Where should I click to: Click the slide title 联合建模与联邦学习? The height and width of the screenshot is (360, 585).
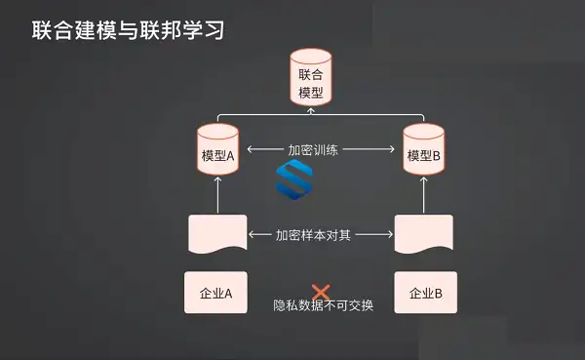[x=128, y=30]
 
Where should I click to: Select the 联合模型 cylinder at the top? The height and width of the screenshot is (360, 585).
[x=311, y=77]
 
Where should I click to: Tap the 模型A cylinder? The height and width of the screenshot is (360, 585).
[x=217, y=149]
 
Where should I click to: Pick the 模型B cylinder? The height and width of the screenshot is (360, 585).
[x=423, y=149]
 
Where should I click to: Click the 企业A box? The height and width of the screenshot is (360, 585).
[x=215, y=293]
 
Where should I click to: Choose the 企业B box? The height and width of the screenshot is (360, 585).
[x=426, y=293]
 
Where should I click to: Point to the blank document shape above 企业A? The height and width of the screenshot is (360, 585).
[x=217, y=234]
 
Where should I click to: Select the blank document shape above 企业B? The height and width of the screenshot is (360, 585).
[x=424, y=234]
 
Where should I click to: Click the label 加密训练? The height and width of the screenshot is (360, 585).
[x=313, y=149]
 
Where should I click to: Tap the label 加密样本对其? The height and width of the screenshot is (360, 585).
[x=313, y=235]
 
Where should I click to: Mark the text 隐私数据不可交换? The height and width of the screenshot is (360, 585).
[x=323, y=305]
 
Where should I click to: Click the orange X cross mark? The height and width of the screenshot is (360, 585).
[x=321, y=292]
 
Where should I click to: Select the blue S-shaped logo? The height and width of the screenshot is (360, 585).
[x=294, y=180]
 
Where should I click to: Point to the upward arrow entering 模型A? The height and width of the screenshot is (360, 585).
[x=217, y=195]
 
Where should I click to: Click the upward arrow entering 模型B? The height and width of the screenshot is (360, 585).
[x=423, y=195]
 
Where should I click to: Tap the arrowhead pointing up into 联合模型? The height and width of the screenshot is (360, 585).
[x=311, y=110]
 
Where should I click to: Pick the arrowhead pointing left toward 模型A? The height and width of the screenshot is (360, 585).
[x=250, y=149]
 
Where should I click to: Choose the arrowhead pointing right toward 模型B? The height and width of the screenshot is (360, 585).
[x=392, y=149]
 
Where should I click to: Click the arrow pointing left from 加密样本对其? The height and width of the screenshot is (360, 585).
[x=260, y=234]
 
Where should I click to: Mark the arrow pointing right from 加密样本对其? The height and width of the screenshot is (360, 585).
[x=374, y=234]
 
